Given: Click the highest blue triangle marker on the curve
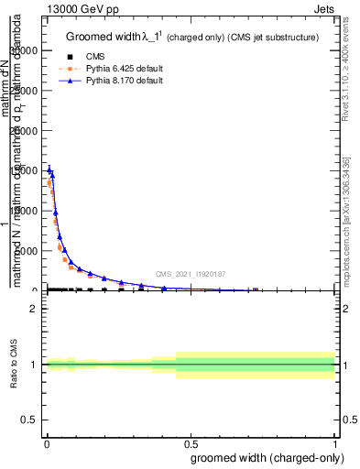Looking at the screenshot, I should click(x=49, y=169).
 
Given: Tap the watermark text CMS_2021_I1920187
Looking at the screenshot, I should click(x=190, y=273).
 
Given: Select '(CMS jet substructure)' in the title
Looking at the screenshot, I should click(x=274, y=38).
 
